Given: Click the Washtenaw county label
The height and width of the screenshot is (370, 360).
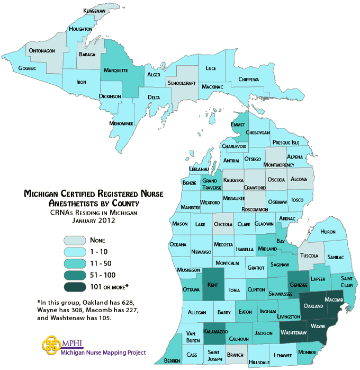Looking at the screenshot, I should [294, 332].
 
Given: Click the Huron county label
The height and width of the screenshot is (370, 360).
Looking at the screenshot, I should [328, 232].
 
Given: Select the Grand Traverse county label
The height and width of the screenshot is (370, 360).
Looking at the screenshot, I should [211, 184].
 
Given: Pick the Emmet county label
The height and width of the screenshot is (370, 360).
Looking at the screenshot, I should [238, 125].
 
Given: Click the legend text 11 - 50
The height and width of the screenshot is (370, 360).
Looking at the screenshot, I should [100, 263].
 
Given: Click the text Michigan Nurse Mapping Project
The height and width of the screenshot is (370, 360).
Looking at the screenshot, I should [103, 353].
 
